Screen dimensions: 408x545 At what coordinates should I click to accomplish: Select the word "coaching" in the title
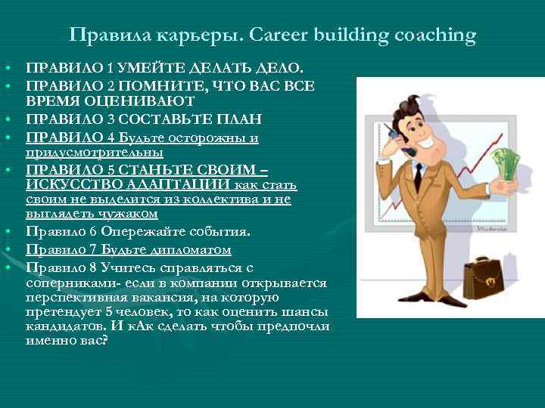click(433, 35)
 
